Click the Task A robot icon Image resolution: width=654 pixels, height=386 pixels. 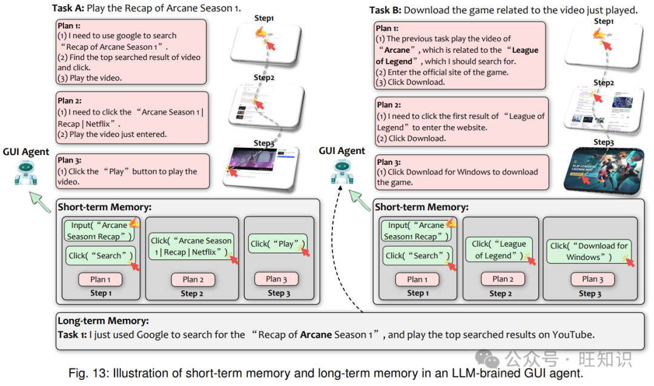(25, 173)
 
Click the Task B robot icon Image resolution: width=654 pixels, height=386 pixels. (342, 173)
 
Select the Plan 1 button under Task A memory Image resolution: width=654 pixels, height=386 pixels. (100, 279)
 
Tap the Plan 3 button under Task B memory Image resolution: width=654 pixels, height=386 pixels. (592, 279)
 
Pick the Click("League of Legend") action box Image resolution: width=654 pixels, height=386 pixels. (500, 249)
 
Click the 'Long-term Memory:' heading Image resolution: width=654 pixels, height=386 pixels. (103, 321)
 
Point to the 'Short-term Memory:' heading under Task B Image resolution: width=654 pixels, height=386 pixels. (421, 207)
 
